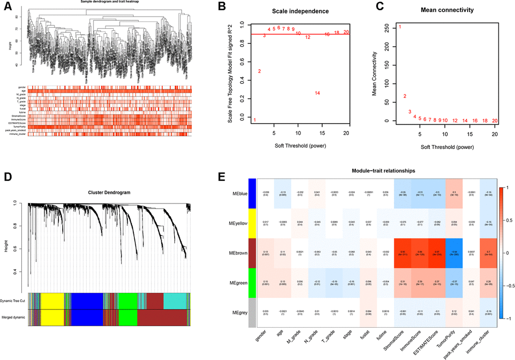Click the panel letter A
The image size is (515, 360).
(6, 6)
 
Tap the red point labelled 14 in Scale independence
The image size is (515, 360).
(317, 93)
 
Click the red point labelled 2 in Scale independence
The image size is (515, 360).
(260, 71)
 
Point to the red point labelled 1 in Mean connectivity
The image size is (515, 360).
(400, 27)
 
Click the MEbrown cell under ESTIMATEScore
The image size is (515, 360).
(425, 251)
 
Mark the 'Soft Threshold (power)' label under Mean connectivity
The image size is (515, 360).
(447, 148)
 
